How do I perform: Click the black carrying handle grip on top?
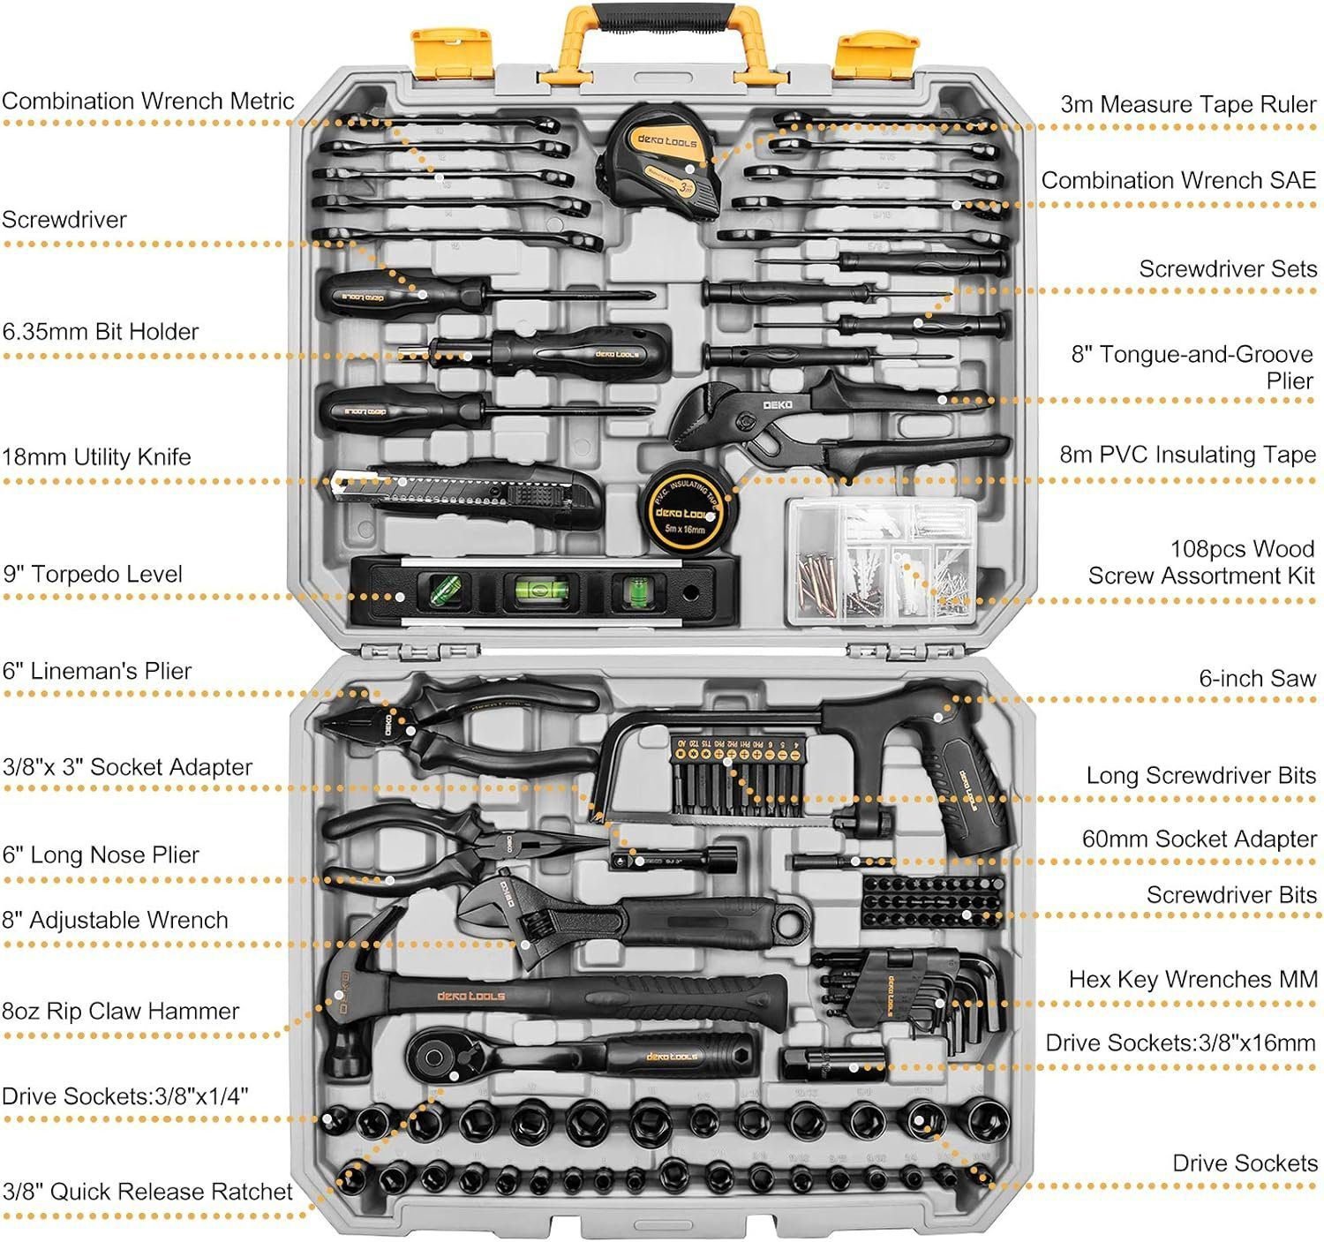[x=665, y=17]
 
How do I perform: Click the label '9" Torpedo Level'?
[x=93, y=575]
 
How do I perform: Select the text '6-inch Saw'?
[x=1256, y=679]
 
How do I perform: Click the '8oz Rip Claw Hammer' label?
[x=120, y=1012]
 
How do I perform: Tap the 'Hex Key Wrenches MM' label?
[x=1192, y=980]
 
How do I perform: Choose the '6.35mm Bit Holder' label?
[x=100, y=332]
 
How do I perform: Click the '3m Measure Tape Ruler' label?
[x=1187, y=104]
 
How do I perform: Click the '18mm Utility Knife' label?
[x=96, y=457]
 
